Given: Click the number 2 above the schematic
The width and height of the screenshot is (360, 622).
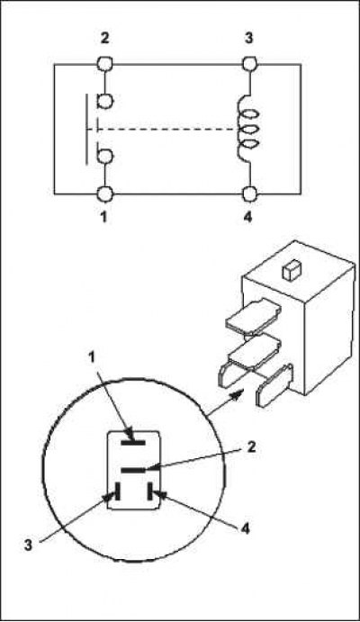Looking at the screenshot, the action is (x=104, y=39).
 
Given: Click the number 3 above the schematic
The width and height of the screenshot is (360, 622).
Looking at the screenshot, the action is (x=248, y=39).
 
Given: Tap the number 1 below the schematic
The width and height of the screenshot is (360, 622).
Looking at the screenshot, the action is (x=103, y=217).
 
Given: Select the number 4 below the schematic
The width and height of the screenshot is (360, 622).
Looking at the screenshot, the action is (x=247, y=217).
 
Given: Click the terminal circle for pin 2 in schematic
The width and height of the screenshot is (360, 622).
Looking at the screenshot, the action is (x=104, y=64).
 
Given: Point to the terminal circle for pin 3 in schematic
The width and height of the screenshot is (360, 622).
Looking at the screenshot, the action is (x=250, y=64).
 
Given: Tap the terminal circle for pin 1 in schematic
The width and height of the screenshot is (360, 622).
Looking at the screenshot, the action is (x=104, y=194).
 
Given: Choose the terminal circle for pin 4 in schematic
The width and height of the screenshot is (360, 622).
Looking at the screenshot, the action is (x=250, y=194).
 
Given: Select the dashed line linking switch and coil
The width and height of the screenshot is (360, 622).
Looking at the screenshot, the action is (x=162, y=130).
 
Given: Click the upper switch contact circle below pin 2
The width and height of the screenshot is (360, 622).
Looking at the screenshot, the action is (x=105, y=101).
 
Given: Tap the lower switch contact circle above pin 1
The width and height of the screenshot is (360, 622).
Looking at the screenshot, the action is (x=105, y=157).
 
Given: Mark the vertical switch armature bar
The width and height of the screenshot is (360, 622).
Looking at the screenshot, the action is (x=86, y=129).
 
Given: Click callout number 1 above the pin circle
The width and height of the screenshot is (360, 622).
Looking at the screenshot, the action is (x=92, y=357).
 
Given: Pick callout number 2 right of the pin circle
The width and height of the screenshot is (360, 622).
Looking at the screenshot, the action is (x=251, y=447).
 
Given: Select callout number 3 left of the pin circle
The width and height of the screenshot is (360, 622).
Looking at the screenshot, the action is (x=28, y=545).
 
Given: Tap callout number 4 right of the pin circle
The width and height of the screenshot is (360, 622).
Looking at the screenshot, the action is (x=246, y=528).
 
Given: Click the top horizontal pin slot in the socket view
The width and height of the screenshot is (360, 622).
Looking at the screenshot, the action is (x=133, y=442).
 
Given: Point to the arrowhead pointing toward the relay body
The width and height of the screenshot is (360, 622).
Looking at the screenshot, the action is (x=238, y=394).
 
